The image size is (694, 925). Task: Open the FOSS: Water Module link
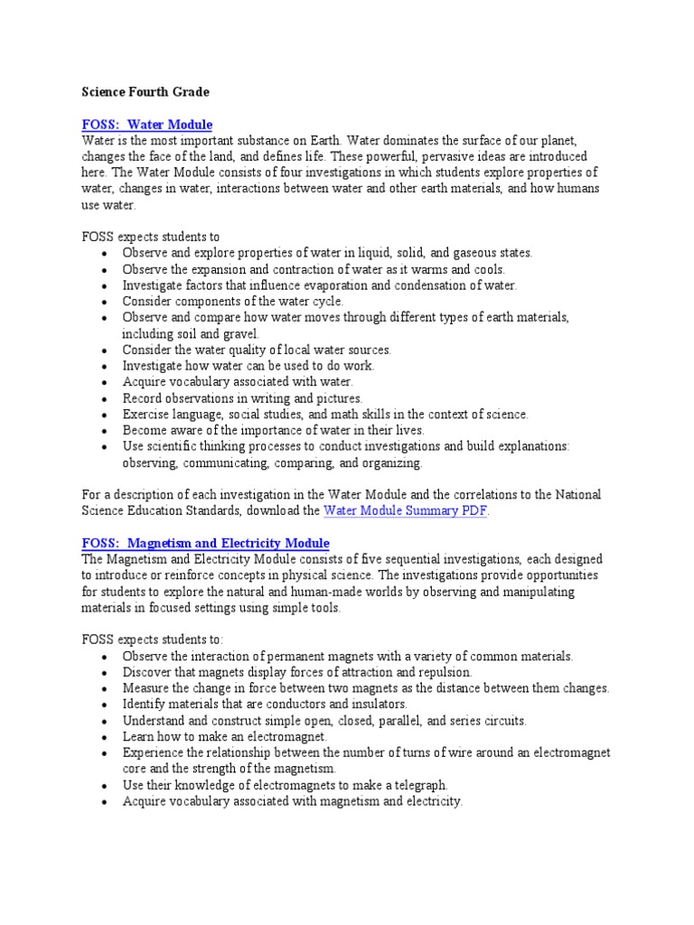pos(147,124)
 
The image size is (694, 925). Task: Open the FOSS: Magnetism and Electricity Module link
pos(206,543)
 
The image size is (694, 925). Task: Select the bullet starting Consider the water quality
pos(257,350)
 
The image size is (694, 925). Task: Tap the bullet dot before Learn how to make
pos(106,738)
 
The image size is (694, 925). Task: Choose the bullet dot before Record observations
pos(106,398)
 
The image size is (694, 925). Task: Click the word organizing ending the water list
pos(390,463)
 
